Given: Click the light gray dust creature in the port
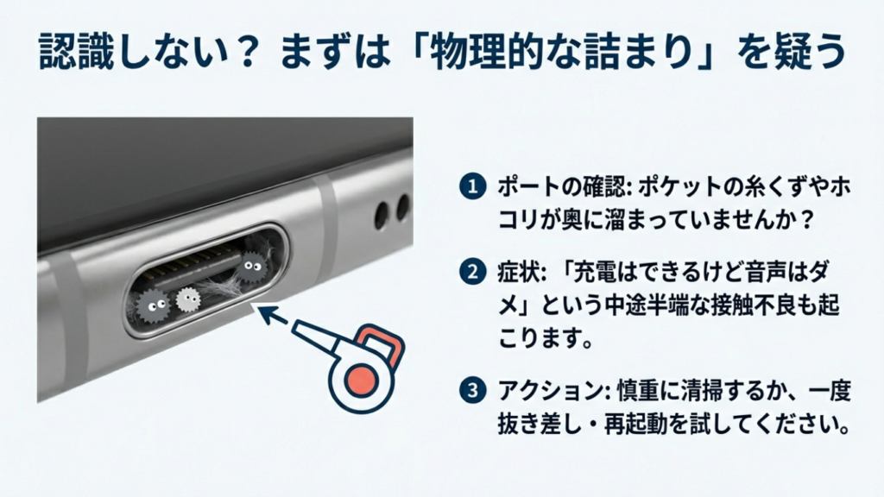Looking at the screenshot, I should (x=187, y=300).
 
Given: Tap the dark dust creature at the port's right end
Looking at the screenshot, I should (x=251, y=264).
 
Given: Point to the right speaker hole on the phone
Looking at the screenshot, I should (x=402, y=206).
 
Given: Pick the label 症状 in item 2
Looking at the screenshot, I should (x=515, y=274).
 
